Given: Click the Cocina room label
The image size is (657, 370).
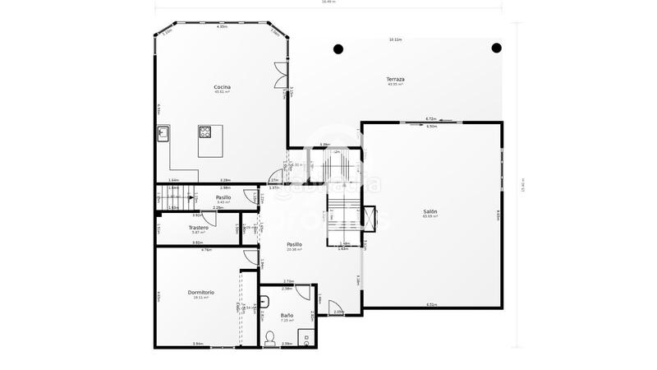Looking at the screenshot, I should (222, 86).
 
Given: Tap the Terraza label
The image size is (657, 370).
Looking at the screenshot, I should (396, 79).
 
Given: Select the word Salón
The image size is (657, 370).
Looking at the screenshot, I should (430, 211).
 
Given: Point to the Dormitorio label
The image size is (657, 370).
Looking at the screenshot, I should (201, 292).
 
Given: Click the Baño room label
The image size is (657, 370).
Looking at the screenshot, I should (287, 315).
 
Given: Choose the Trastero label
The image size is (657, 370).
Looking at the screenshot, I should (198, 228).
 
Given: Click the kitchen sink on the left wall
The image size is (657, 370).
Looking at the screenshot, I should (163, 133).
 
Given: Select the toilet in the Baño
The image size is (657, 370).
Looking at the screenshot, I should (270, 336).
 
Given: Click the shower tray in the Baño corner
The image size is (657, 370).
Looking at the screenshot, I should (306, 335).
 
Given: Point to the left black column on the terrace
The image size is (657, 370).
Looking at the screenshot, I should (338, 49).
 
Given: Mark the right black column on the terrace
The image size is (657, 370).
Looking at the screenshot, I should (496, 48).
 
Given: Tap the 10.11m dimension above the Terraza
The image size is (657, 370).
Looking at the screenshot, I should (396, 39).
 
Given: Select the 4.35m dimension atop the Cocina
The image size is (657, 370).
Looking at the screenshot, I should (222, 27).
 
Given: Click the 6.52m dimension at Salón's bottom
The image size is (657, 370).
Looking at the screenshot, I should (431, 305).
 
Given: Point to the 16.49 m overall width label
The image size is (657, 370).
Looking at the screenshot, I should (328, 2).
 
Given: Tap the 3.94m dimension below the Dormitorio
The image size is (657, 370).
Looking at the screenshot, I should (197, 344).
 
